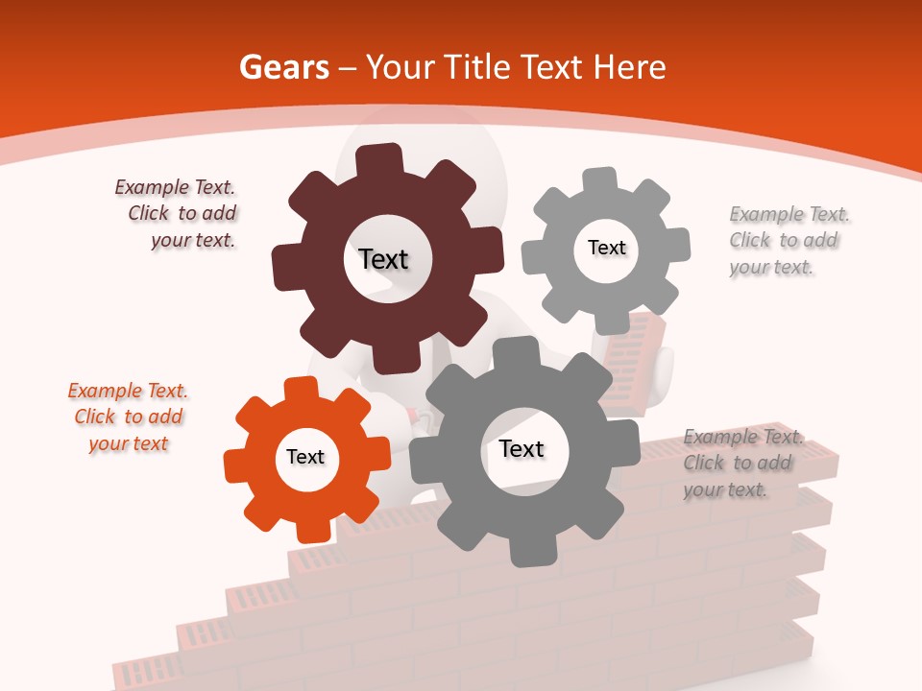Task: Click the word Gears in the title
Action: point(283,67)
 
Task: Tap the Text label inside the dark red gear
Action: point(383,259)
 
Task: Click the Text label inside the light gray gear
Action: point(606,248)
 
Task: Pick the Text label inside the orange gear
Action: point(305,457)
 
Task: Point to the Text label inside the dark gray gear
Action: point(522,449)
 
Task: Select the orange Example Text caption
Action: point(129,417)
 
